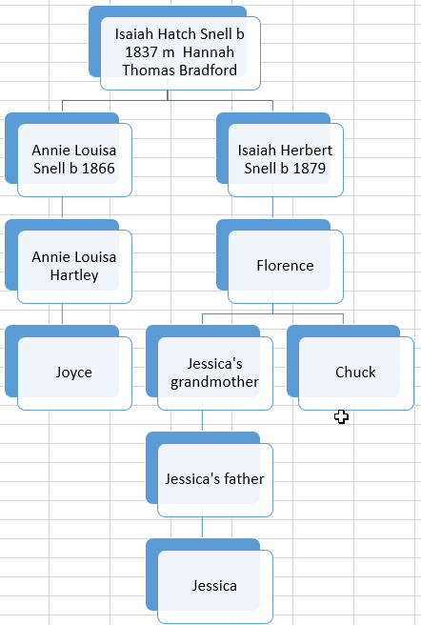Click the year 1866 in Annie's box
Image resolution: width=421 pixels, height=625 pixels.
[98, 169]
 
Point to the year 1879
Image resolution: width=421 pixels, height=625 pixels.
[309, 169]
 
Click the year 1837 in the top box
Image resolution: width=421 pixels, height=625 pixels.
[142, 52]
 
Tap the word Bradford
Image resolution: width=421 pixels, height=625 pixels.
[208, 71]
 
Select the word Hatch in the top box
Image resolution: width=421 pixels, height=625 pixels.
[177, 34]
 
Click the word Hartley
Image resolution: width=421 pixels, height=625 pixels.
[74, 275]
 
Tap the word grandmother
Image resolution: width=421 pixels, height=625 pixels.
[214, 382]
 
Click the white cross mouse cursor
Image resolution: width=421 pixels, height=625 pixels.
[341, 417]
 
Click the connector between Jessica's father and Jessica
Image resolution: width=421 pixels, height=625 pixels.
[202, 528]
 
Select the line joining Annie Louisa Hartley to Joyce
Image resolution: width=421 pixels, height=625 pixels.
[62, 314]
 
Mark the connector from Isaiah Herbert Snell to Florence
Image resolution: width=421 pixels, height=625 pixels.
[272, 208]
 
